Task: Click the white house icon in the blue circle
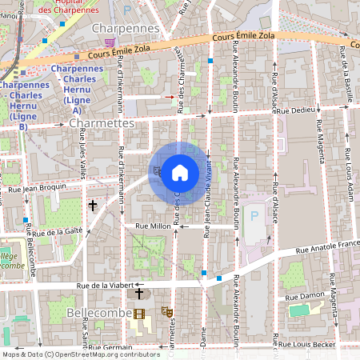[180, 172]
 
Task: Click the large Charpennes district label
[126, 28]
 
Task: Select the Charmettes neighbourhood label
[102, 124]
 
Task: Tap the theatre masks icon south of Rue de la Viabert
[167, 310]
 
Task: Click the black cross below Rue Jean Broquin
[93, 206]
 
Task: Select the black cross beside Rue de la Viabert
[139, 294]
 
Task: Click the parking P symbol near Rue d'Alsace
[255, 215]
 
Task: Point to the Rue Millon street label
[153, 227]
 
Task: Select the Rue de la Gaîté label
[58, 232]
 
